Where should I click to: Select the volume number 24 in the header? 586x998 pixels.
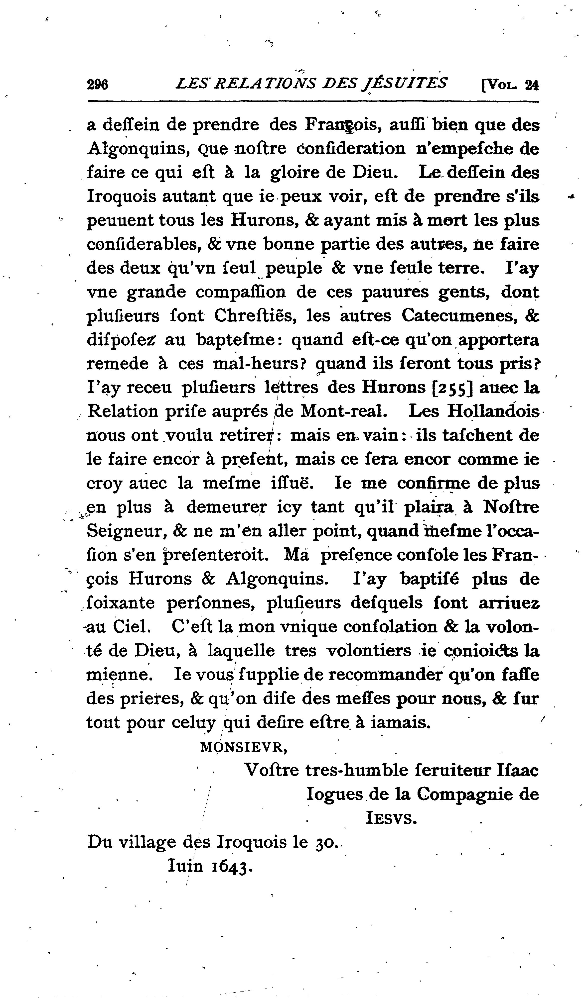tap(531, 85)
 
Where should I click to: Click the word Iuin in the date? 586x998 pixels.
tap(185, 865)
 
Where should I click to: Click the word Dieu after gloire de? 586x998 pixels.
tap(373, 173)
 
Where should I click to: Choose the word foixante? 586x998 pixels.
tap(121, 603)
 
